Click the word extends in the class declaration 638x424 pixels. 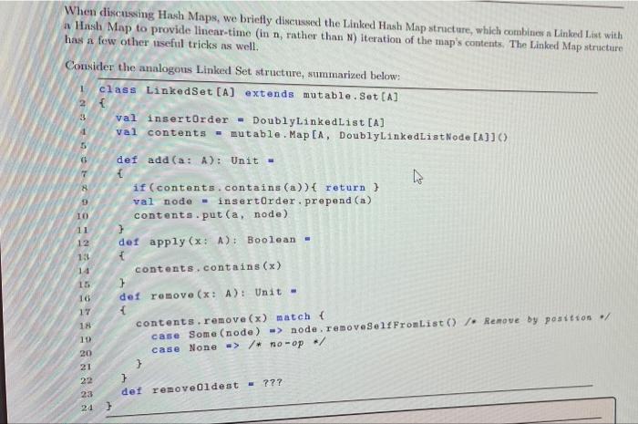coord(269,94)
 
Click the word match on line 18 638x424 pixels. coord(293,320)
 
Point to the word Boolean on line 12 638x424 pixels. coord(273,239)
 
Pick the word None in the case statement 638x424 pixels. coord(202,347)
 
